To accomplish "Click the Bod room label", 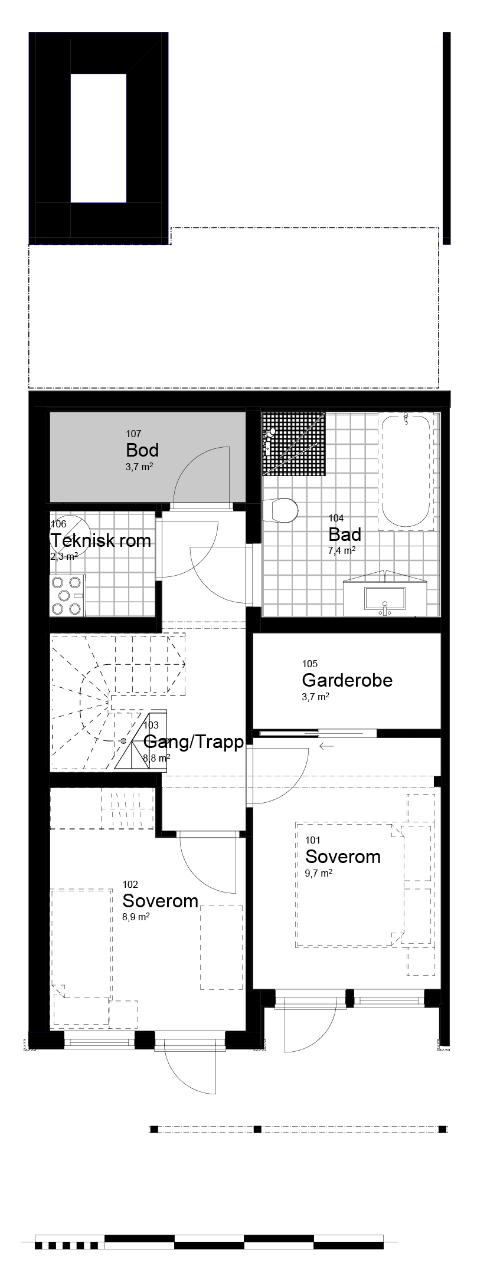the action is (x=142, y=451).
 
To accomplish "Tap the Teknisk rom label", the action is (x=101, y=541).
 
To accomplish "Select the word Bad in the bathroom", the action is (x=345, y=535).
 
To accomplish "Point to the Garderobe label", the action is (x=347, y=680).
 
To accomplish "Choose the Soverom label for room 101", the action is (x=343, y=857).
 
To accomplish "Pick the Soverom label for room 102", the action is (x=160, y=901).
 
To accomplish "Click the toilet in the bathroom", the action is (x=282, y=510).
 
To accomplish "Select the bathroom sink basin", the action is (x=385, y=598).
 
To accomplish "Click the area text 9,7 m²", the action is (x=319, y=873).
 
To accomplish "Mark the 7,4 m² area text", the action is (x=342, y=551).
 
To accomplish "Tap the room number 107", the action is (x=133, y=434).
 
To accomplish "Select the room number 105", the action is (x=309, y=664).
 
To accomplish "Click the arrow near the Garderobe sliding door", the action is (x=326, y=746).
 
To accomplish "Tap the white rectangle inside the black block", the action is (x=99, y=139).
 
